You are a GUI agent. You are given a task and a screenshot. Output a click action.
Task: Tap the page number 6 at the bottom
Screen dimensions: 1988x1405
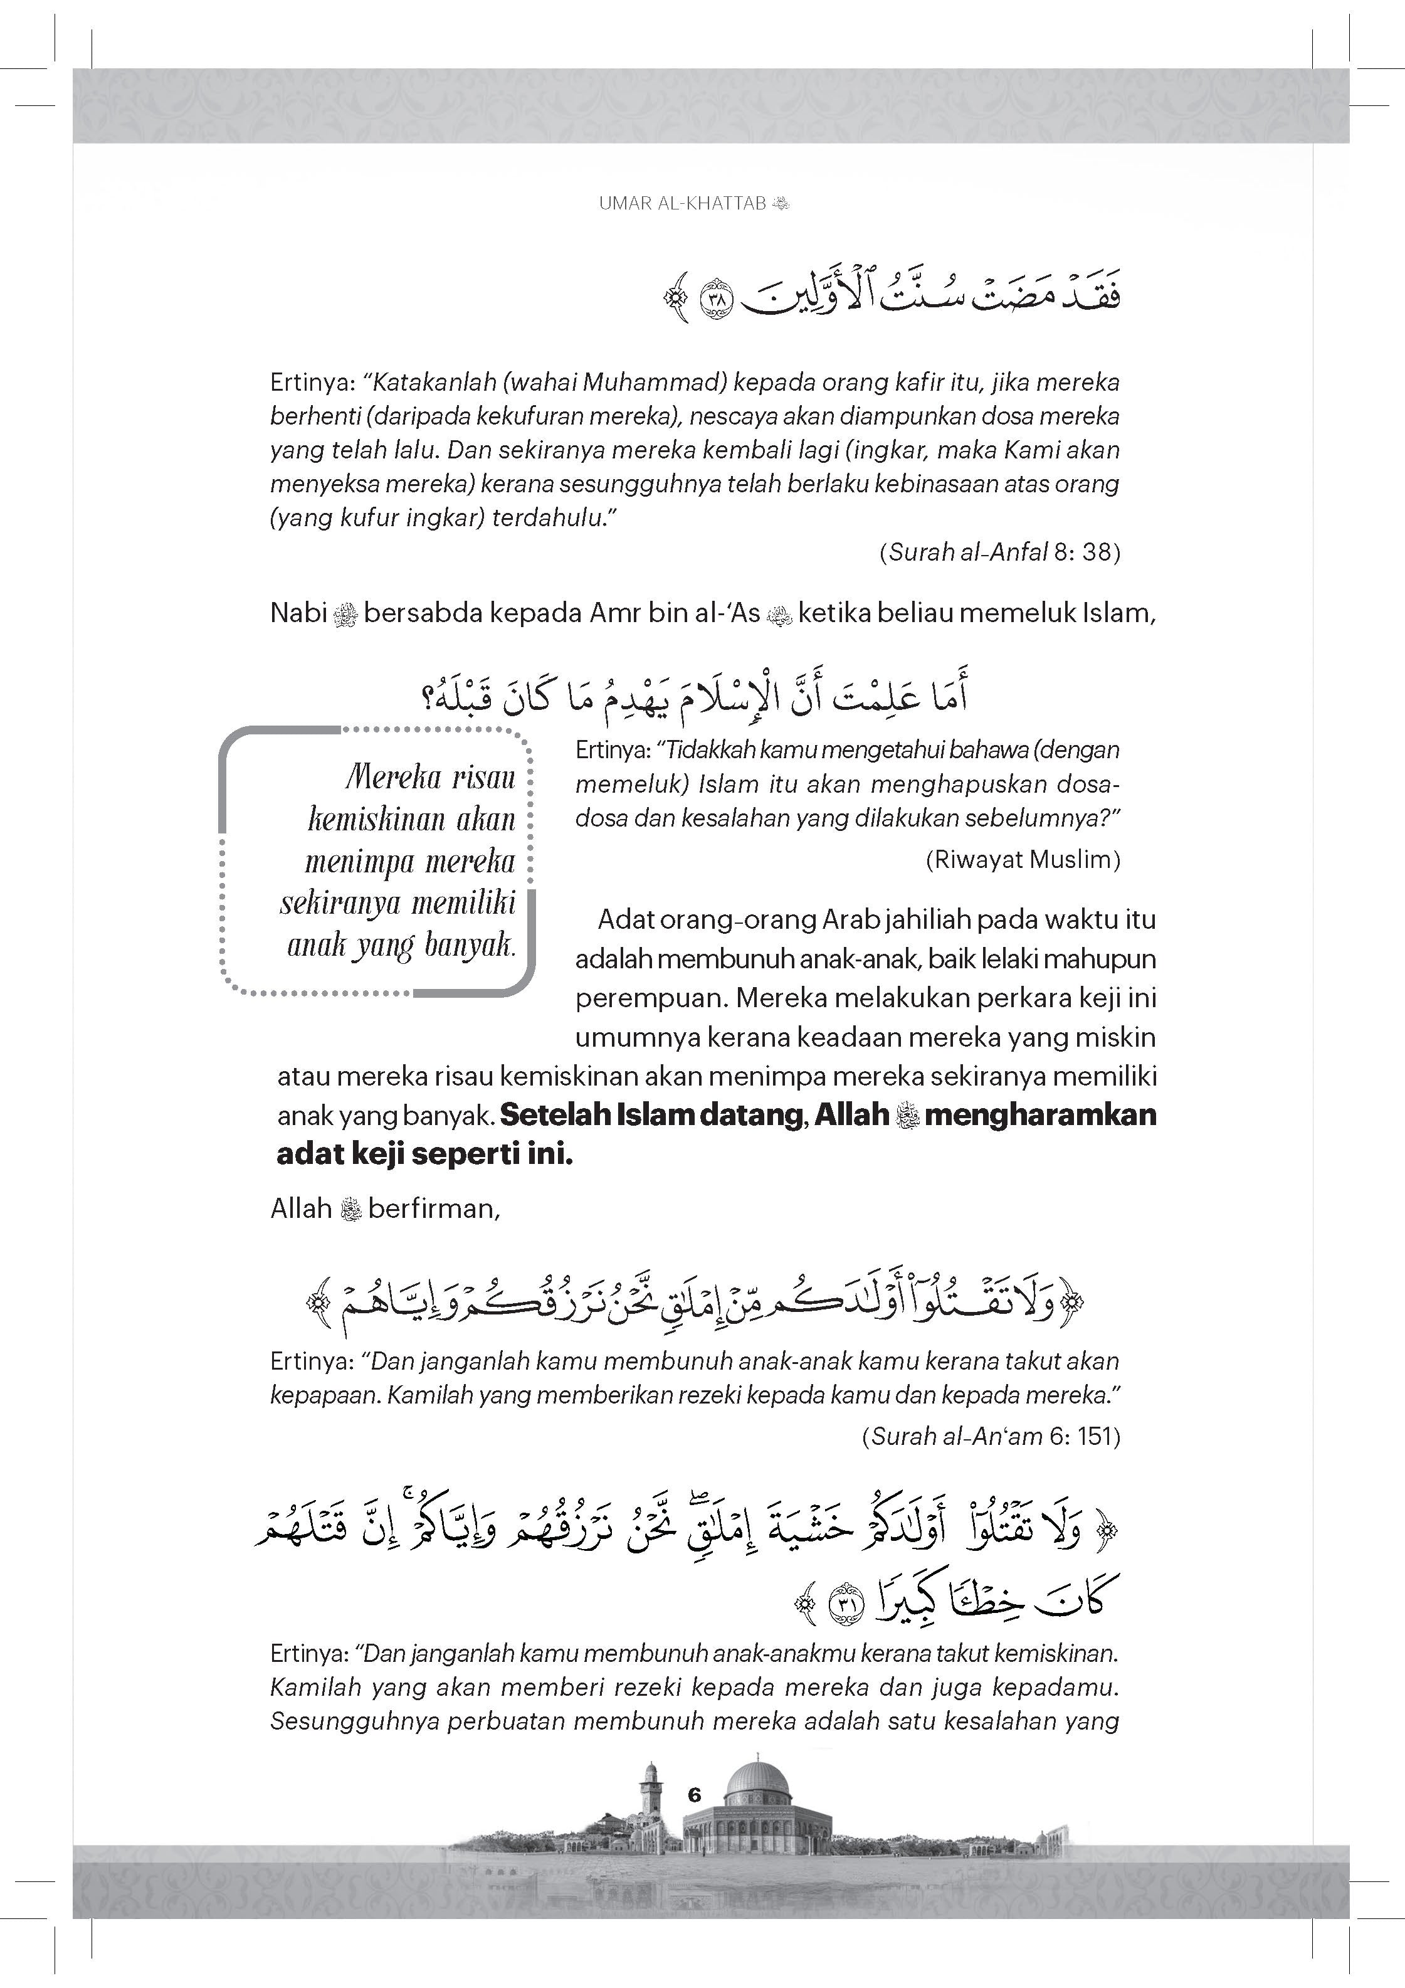click(693, 1795)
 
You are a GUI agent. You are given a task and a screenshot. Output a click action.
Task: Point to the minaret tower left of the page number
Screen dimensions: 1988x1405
click(650, 1790)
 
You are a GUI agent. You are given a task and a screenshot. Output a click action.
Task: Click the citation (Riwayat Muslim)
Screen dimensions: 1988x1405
click(1023, 859)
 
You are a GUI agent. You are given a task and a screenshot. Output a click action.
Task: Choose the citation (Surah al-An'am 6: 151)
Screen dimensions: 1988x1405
click(991, 1437)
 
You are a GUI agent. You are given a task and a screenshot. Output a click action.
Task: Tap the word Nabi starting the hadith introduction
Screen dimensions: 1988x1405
click(298, 613)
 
